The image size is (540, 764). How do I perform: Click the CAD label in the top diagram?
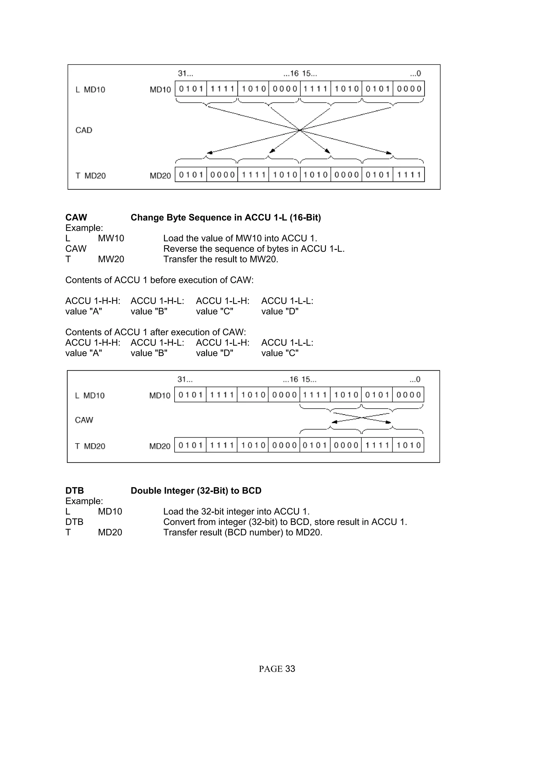84,130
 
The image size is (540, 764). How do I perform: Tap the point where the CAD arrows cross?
300,130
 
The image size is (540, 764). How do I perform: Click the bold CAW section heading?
76,217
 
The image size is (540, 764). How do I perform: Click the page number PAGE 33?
277,669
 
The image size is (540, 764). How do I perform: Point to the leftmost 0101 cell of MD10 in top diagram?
191,89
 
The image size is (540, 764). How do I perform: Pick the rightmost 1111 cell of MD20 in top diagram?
409,175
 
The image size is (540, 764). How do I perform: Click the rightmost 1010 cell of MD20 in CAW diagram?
408,445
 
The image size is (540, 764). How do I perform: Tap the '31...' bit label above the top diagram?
185,73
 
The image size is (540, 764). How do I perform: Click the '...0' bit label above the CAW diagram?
415,379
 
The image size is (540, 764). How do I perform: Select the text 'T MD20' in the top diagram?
90,176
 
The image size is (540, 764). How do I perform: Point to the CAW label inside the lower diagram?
84,420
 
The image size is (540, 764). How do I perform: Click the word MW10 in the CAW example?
111,238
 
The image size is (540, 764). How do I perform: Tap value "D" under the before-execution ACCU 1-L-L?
280,311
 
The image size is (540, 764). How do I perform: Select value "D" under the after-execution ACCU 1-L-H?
214,353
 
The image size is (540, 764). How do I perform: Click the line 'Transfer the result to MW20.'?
221,259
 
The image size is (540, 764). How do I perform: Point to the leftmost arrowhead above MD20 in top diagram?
209,153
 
